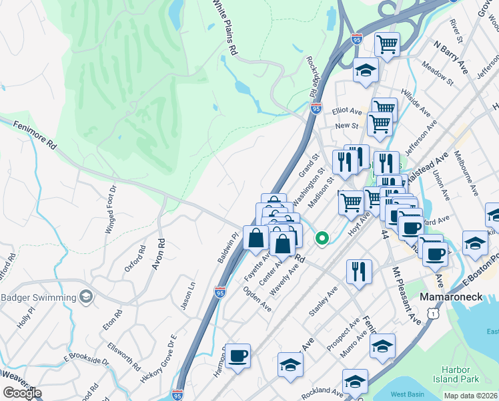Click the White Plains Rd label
click(x=225, y=27)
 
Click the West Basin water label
click(x=407, y=395)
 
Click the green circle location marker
click(x=322, y=237)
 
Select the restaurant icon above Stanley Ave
click(x=359, y=271)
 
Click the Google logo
click(x=22, y=392)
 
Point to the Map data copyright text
click(x=471, y=396)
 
